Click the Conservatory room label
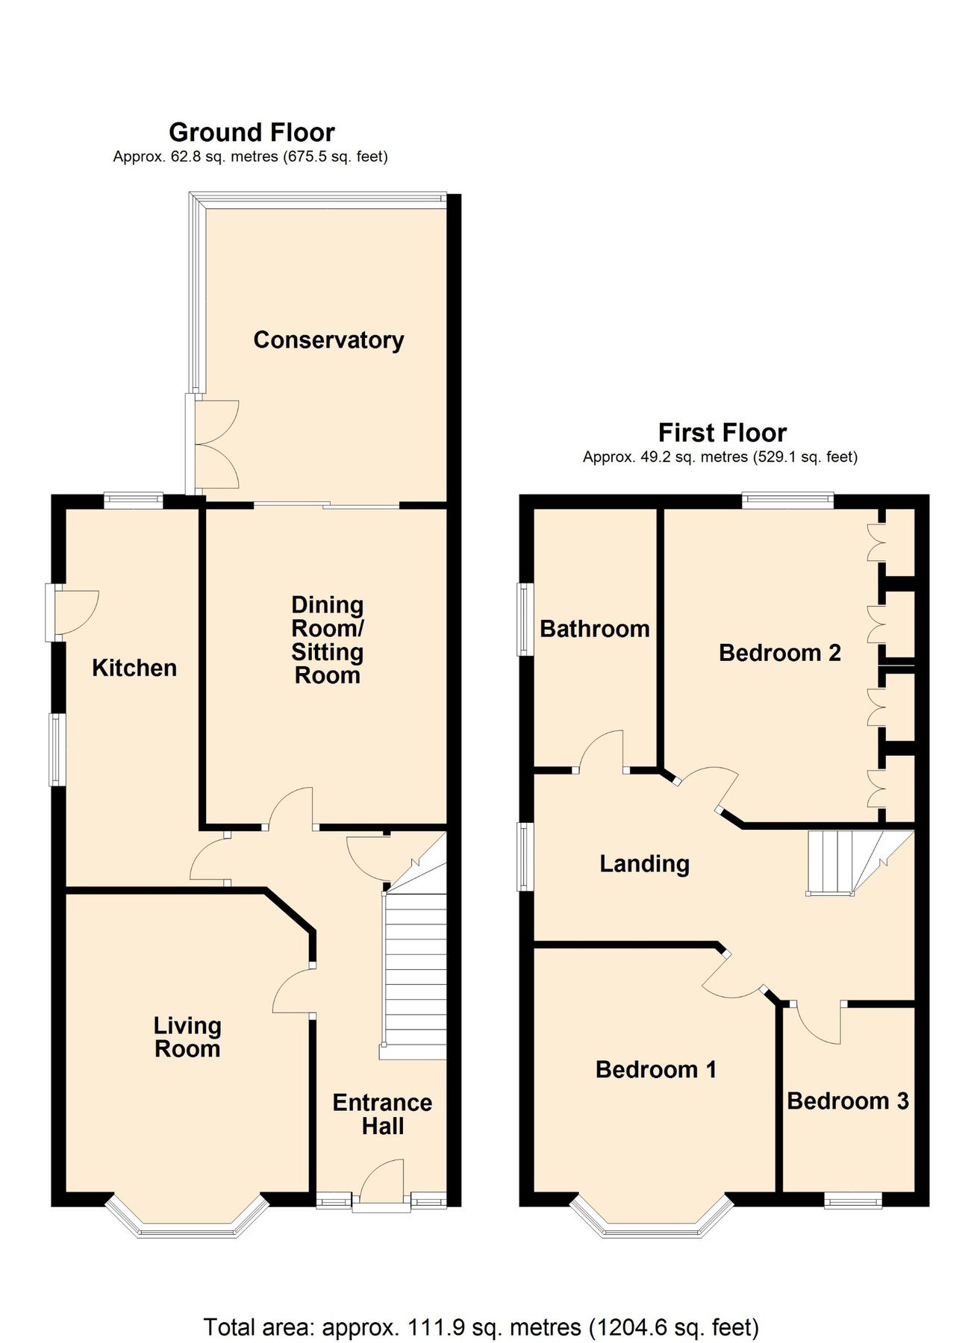[x=328, y=340]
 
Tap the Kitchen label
[x=134, y=668]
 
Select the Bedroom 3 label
[x=847, y=1101]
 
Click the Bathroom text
[x=594, y=629]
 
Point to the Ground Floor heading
[x=252, y=133]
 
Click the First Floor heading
[x=722, y=433]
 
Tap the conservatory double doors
[x=216, y=444]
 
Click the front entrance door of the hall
[x=381, y=1182]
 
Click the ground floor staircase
[x=414, y=970]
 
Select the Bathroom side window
[x=526, y=619]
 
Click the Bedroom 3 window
[x=852, y=1200]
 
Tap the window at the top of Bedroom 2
[x=787, y=500]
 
